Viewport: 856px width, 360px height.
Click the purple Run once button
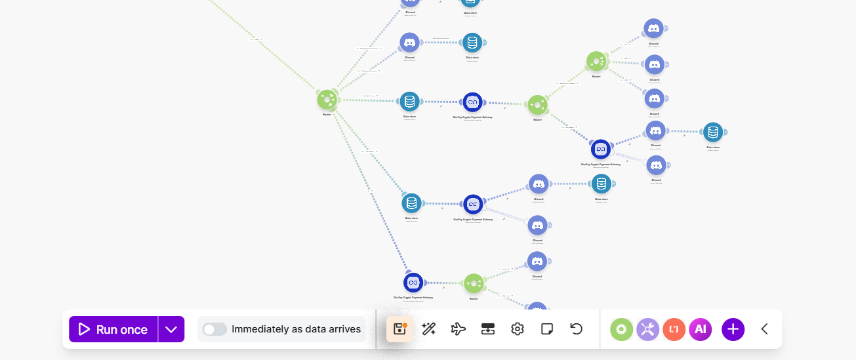click(113, 329)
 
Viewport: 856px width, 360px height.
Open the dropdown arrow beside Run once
click(171, 329)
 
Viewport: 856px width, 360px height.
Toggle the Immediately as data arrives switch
click(215, 329)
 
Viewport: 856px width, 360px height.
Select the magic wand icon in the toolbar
click(429, 329)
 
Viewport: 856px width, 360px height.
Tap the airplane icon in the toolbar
click(459, 329)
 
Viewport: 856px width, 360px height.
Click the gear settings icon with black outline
click(518, 329)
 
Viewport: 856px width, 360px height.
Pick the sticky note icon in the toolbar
click(547, 329)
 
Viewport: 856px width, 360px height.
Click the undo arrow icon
click(577, 329)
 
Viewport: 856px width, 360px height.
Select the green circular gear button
click(622, 329)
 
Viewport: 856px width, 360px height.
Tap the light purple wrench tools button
click(647, 329)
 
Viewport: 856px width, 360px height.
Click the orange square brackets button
click(674, 329)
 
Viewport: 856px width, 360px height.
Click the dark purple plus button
click(733, 329)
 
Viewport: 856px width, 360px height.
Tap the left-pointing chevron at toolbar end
click(764, 329)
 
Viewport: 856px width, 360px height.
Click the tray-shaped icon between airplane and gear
click(487, 329)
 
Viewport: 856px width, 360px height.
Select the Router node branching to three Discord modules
click(596, 62)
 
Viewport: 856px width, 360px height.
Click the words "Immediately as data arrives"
click(296, 329)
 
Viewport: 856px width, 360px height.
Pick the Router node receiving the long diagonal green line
click(327, 100)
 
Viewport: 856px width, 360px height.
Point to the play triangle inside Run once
click(84, 329)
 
